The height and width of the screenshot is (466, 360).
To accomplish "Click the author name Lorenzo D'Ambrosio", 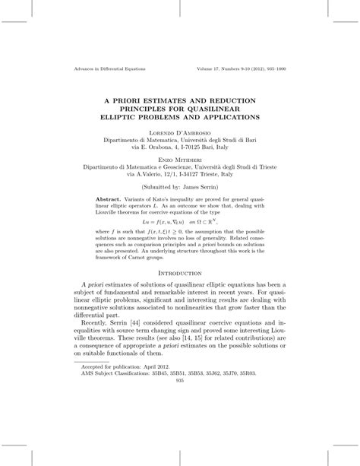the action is point(180,132).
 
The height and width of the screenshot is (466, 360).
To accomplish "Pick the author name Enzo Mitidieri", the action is point(180,160).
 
